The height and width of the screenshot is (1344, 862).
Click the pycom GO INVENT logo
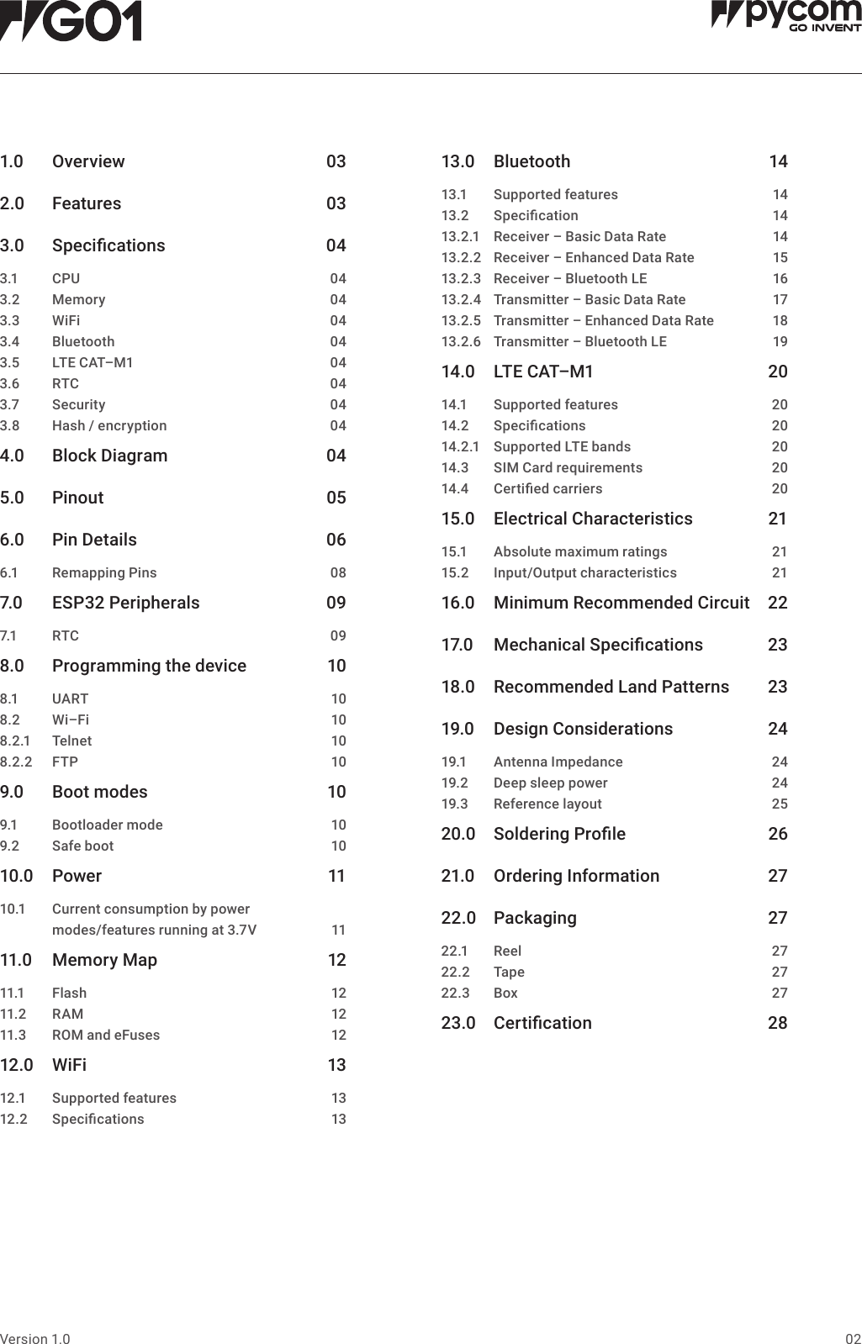pyautogui.click(x=785, y=17)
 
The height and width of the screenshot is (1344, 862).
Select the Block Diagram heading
pyautogui.click(x=109, y=456)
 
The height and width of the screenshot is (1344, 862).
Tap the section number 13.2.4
pyautogui.click(x=461, y=299)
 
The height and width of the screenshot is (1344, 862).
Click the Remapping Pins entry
pyautogui.click(x=104, y=572)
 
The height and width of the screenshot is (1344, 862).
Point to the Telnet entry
pyautogui.click(x=72, y=741)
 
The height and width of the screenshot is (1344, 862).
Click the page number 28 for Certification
pyautogui.click(x=777, y=1023)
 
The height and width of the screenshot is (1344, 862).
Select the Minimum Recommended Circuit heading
pyautogui.click(x=621, y=603)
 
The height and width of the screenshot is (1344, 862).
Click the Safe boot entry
pyautogui.click(x=82, y=846)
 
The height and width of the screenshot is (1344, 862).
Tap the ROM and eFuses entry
pyautogui.click(x=106, y=1035)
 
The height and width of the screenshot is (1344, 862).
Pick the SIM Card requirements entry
pyautogui.click(x=568, y=467)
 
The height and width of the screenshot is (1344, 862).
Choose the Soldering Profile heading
pyautogui.click(x=559, y=834)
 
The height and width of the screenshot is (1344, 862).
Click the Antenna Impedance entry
pyautogui.click(x=558, y=762)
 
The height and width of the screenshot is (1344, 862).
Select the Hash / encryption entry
pyautogui.click(x=109, y=425)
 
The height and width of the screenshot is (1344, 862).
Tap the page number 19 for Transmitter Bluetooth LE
pyautogui.click(x=780, y=341)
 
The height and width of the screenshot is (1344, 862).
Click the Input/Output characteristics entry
pyautogui.click(x=584, y=572)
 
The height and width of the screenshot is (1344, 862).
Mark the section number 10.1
pyautogui.click(x=13, y=909)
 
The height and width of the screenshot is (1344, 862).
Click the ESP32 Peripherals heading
pyautogui.click(x=126, y=603)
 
